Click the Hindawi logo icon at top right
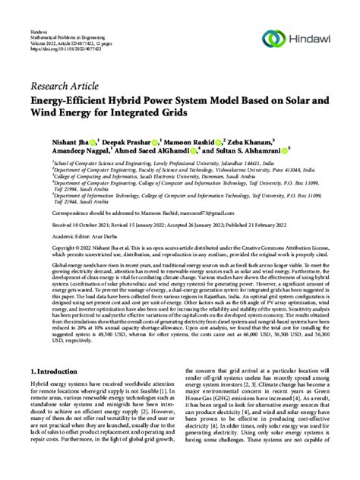273,37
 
